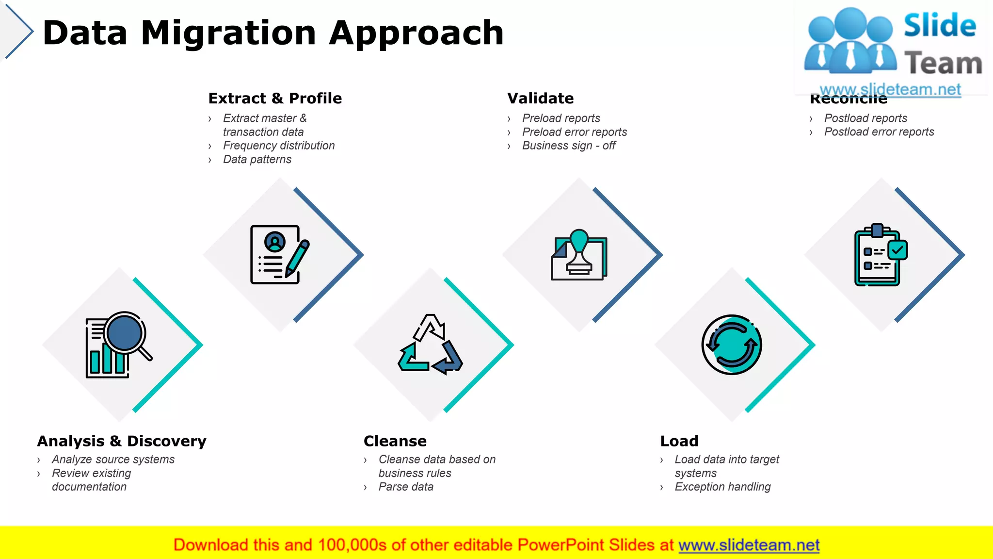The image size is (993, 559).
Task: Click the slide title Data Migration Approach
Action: tap(273, 33)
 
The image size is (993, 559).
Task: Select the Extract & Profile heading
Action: tap(275, 99)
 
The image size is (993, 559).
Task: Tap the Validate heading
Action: tap(540, 99)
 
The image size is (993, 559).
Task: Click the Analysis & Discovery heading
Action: tap(122, 441)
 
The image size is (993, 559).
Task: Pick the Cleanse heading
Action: tap(395, 441)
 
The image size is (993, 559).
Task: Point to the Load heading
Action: tap(679, 441)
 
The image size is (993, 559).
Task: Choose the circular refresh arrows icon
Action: tap(731, 345)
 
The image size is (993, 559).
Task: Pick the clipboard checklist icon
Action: tap(880, 255)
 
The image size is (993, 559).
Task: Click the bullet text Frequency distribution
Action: tap(279, 146)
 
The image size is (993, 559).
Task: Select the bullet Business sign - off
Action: tap(568, 146)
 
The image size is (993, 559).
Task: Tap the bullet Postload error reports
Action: tap(879, 132)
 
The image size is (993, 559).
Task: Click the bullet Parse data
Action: tap(405, 487)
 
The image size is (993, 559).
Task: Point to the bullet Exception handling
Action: tap(722, 487)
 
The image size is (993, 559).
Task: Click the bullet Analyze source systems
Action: tap(113, 460)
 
